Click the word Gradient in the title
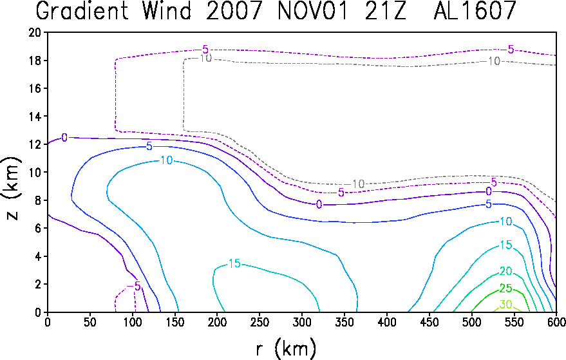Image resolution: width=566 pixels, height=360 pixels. pos(82,10)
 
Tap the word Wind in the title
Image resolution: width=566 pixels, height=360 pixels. pos(167,10)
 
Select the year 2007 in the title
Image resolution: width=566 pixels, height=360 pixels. pos(234,10)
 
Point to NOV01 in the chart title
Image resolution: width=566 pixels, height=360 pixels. pos(312,10)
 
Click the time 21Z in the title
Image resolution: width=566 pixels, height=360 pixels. pos(385,10)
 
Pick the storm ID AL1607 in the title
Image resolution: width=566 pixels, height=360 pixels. pos(475,10)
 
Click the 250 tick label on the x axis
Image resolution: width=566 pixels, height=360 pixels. pos(259,322)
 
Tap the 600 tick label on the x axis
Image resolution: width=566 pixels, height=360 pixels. pos(556,322)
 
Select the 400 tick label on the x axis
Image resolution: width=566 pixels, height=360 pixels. pos(386,322)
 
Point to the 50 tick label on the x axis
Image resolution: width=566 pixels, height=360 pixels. pos(90,322)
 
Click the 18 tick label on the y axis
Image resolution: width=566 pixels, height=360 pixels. pos(35,61)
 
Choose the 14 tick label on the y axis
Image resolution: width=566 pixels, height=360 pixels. pos(35,117)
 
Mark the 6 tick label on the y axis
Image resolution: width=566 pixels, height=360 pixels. pos(38,228)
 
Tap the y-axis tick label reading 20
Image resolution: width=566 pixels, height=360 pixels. pos(35,32)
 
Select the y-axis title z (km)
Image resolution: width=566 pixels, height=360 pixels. pos(11,188)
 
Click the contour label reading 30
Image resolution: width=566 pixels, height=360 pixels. pos(505,305)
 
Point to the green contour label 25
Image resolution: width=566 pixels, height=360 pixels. pos(505,288)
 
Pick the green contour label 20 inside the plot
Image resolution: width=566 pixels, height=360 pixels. pos(505,271)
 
